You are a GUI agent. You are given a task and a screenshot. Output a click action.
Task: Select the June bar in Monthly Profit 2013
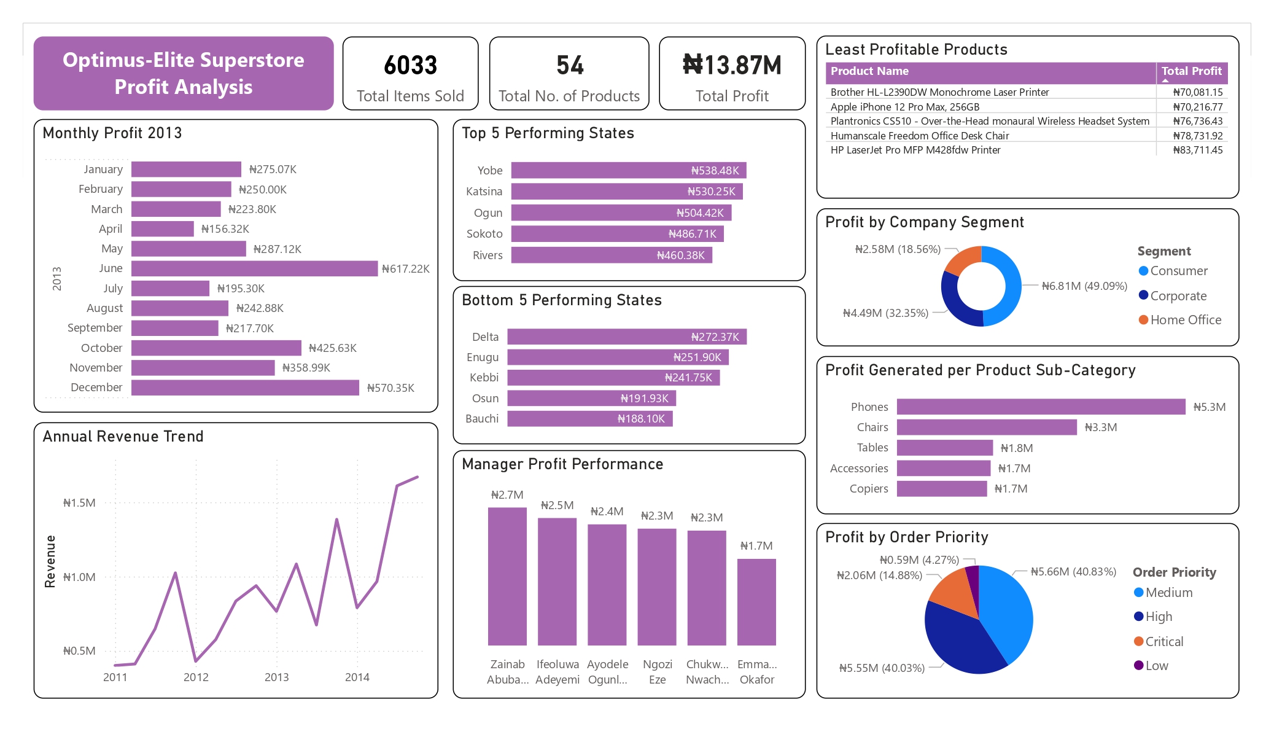[254, 268]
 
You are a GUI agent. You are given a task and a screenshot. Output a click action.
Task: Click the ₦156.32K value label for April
[225, 229]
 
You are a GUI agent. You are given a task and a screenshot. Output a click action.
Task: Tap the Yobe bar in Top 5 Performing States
[628, 170]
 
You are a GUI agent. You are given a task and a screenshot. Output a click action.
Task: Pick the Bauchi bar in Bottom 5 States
[589, 419]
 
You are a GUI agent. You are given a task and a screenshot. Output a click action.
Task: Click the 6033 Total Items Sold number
[410, 66]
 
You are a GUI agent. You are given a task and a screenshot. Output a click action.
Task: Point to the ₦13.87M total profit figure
[732, 66]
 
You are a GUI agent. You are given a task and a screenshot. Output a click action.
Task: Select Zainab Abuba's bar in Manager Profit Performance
[507, 576]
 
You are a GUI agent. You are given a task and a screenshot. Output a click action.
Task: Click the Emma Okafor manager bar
[756, 602]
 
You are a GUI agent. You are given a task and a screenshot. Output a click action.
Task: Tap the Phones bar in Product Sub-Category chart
[1041, 407]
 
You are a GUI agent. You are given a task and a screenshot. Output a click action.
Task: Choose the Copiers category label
[868, 489]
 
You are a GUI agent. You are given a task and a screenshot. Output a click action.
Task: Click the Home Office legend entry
[1185, 320]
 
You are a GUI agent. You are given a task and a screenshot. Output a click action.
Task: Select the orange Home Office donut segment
[963, 259]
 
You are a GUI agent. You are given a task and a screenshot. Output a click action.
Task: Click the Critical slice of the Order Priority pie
[953, 593]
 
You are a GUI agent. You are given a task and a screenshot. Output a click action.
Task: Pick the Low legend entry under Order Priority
[1156, 666]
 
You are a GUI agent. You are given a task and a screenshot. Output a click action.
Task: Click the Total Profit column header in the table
[1191, 71]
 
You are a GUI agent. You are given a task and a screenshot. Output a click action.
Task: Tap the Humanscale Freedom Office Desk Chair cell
[919, 136]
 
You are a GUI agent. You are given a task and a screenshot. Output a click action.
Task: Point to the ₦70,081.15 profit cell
[1197, 92]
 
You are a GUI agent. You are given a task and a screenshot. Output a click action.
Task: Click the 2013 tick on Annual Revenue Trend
[276, 677]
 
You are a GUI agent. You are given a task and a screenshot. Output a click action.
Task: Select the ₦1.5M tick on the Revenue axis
[79, 503]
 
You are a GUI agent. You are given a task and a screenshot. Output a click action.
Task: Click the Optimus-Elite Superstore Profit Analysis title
[184, 74]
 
